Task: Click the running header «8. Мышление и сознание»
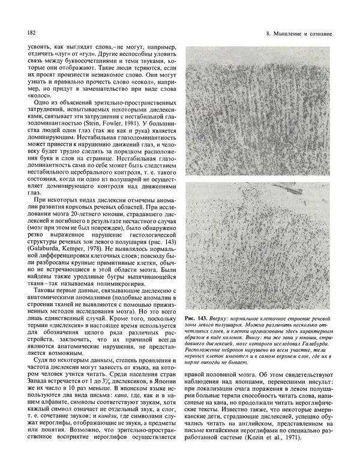(299, 31)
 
